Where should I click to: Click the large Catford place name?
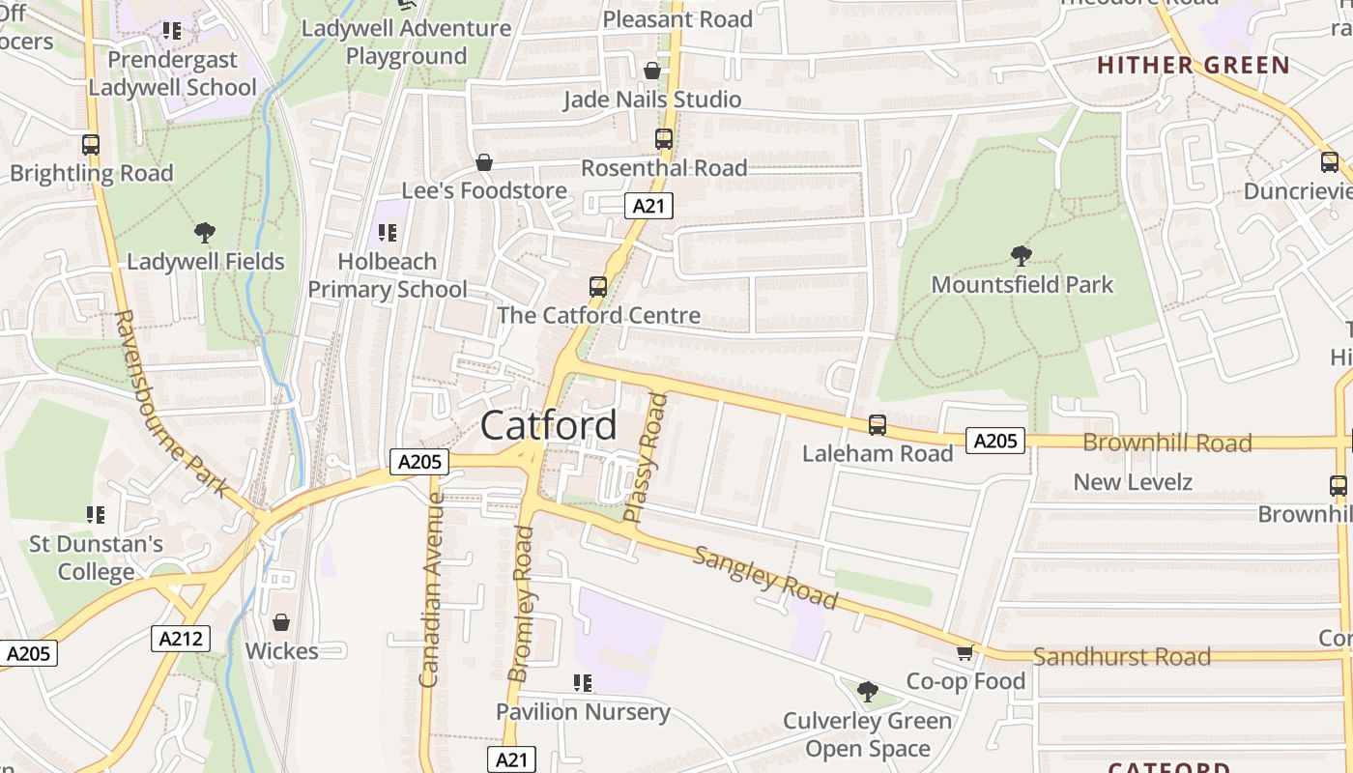[548, 425]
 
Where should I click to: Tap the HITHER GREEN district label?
[1193, 66]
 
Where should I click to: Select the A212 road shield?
[181, 638]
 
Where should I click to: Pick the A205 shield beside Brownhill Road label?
[995, 442]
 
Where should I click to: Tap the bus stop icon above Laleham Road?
[878, 424]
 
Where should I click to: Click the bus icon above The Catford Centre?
[598, 287]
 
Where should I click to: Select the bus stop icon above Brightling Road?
[91, 145]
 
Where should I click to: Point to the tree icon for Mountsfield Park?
[1021, 256]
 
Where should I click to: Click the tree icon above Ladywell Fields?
[204, 233]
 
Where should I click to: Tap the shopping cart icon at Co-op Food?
[964, 653]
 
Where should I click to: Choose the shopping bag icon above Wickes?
[281, 622]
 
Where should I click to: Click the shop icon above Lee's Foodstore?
[483, 162]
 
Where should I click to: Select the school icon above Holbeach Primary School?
[388, 233]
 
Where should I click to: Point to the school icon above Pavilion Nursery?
[582, 684]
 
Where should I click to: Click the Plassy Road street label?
[646, 458]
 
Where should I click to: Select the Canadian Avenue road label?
[431, 589]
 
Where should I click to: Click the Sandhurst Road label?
[1121, 657]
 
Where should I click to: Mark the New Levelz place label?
[1133, 481]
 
